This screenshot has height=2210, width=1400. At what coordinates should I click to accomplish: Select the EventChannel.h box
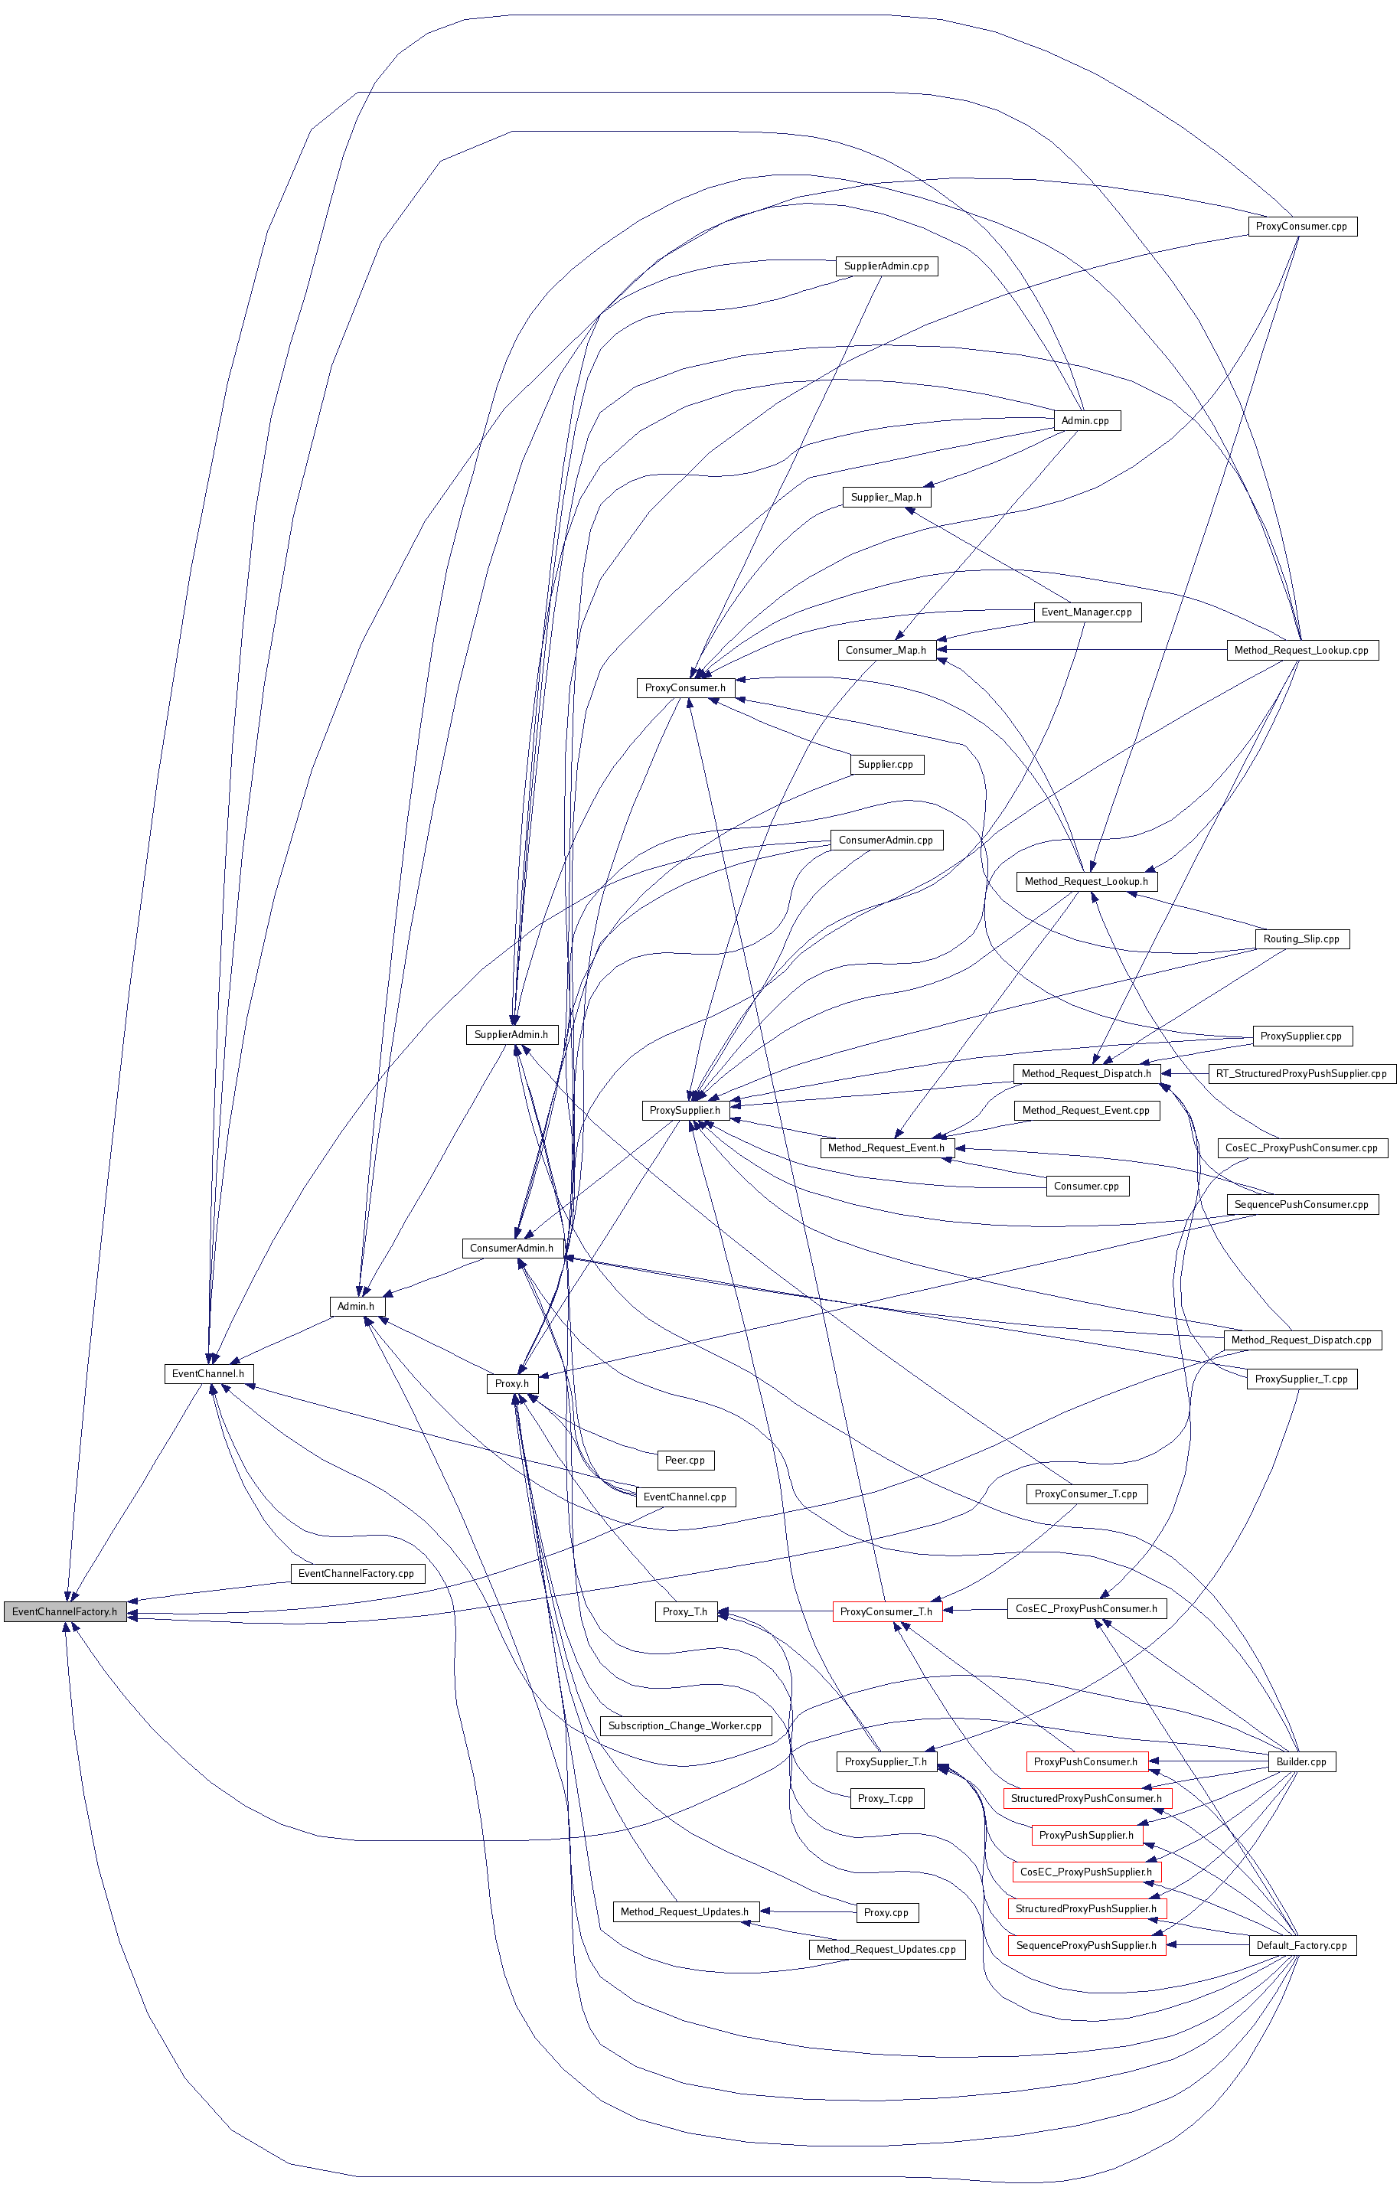coord(208,1374)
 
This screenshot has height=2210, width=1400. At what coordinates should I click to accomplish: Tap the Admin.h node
coord(356,1306)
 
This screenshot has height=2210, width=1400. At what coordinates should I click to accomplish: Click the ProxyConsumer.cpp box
coord(1301,227)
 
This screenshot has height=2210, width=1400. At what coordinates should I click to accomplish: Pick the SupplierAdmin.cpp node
coord(886,266)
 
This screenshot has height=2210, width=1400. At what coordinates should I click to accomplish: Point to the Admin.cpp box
coord(1085,421)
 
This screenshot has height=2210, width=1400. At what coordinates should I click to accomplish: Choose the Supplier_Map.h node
coord(886,498)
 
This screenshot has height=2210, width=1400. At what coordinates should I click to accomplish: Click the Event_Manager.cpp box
coord(1087,612)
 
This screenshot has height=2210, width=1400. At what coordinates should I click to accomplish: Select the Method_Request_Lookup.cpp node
coord(1301,651)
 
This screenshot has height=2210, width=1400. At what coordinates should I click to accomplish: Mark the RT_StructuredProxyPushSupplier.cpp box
coord(1301,1074)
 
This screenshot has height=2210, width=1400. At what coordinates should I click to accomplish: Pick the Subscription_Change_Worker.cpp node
coord(684,1725)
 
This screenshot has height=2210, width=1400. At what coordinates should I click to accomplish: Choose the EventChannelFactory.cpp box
coord(356,1573)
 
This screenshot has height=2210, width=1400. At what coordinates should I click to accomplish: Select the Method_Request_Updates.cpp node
coord(886,1950)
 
